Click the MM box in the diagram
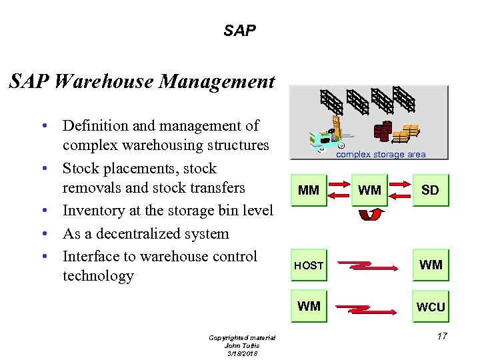(x=308, y=191)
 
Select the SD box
(x=430, y=191)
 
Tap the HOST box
(x=308, y=265)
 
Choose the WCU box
(x=430, y=307)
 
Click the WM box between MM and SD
(x=369, y=191)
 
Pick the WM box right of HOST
(x=430, y=265)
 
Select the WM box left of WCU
(x=308, y=307)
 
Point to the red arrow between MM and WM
(x=339, y=191)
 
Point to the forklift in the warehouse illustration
(x=327, y=133)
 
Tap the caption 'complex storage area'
(x=380, y=155)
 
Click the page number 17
(x=442, y=337)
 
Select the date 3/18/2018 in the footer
(x=241, y=353)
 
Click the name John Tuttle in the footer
(x=241, y=345)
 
